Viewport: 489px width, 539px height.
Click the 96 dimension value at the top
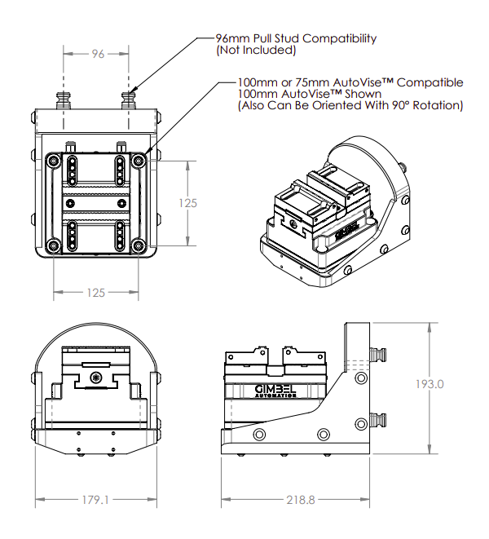point(98,55)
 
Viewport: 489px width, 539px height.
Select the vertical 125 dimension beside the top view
point(188,203)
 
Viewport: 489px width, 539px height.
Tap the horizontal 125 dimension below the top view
point(97,292)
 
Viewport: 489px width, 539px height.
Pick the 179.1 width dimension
point(96,499)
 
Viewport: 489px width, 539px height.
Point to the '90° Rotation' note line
point(350,105)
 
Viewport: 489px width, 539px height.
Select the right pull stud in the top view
point(129,100)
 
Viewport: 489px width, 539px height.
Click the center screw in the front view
point(97,378)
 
